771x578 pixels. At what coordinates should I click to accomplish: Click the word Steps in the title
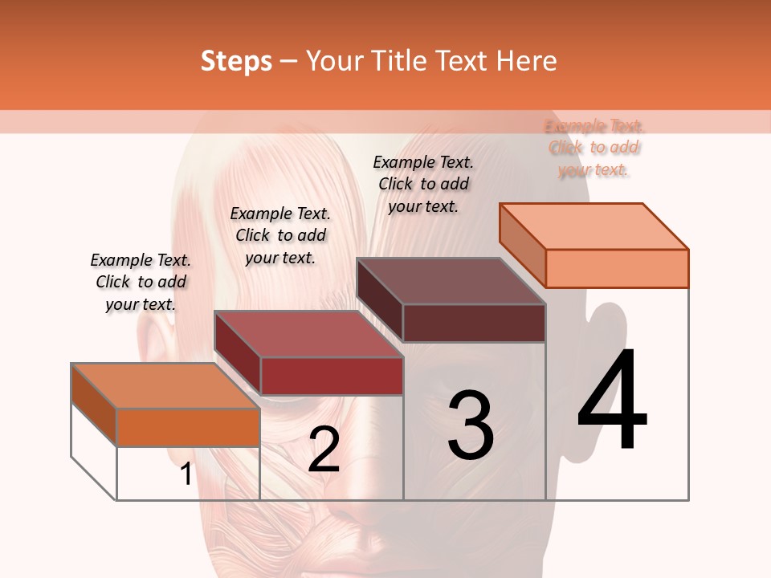236,61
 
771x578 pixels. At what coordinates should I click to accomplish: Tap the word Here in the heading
526,61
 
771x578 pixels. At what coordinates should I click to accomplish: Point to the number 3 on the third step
471,425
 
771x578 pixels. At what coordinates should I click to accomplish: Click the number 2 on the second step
324,450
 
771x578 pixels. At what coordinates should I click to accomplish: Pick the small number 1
186,474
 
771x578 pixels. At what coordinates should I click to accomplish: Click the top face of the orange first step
165,386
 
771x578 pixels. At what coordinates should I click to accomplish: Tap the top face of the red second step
308,334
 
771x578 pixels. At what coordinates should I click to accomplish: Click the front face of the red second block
332,376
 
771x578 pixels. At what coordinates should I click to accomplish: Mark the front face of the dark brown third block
474,323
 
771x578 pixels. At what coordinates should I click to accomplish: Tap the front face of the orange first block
188,427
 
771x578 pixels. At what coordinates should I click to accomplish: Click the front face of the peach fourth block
617,268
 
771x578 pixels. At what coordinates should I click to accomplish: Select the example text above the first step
141,282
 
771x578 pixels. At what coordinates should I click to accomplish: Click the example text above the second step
280,235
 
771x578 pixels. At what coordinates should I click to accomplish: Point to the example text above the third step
423,184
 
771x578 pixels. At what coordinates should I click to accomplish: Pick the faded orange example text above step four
594,148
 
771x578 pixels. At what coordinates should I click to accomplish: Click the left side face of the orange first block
94,405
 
